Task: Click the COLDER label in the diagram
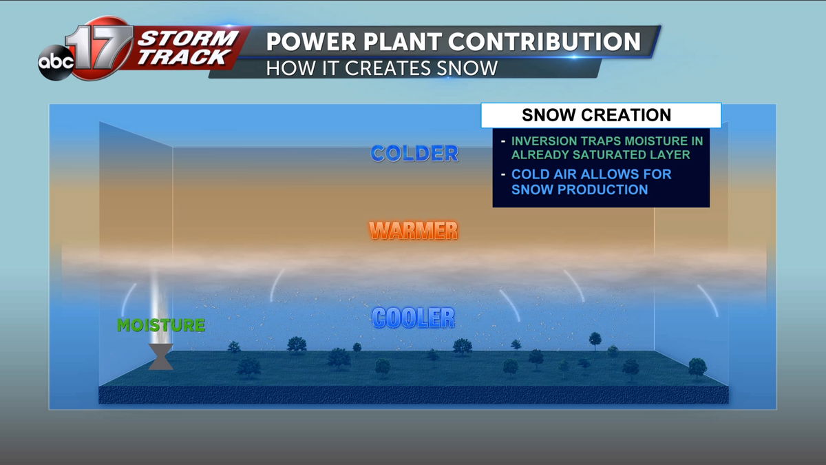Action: pos(414,154)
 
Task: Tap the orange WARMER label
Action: pos(414,231)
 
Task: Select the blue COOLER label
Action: pos(414,318)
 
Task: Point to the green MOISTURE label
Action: pos(161,325)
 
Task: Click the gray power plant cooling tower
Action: pos(161,357)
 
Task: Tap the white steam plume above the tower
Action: pos(160,310)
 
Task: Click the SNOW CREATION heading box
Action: pos(601,115)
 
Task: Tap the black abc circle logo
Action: pos(56,63)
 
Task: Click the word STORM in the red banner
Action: pos(189,38)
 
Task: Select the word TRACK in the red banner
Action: pos(183,57)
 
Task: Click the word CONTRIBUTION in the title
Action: pos(544,42)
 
